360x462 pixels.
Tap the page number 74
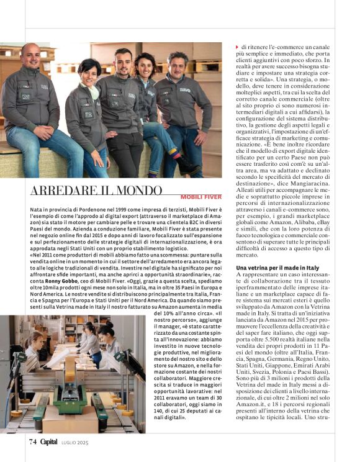32,442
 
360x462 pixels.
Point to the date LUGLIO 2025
76,442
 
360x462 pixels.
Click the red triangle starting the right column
237,47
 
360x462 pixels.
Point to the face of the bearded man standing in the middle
124,61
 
